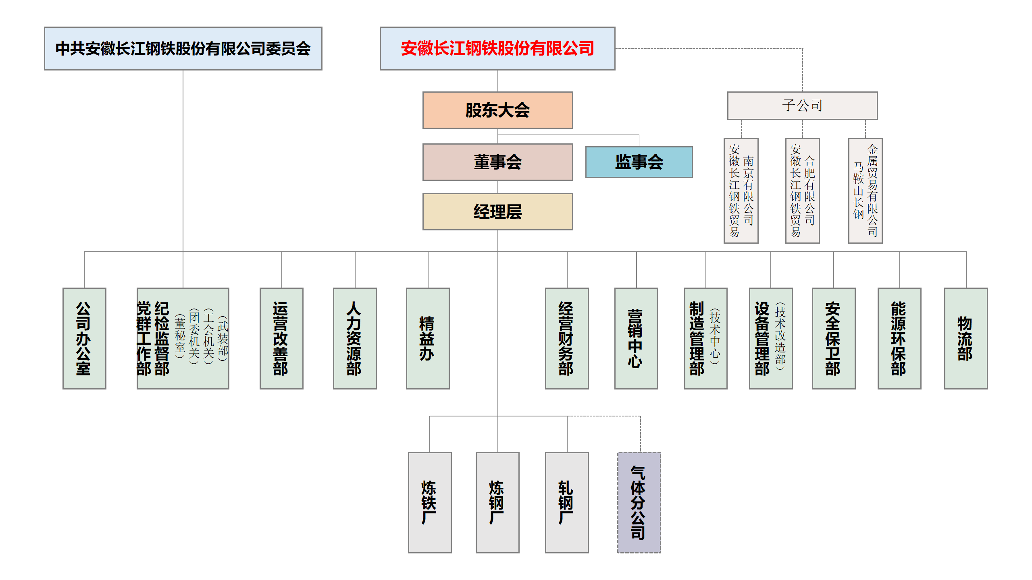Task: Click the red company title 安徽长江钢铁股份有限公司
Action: pos(497,48)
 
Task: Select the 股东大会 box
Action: pos(497,110)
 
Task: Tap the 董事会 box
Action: pos(497,162)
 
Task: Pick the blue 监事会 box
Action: pos(639,162)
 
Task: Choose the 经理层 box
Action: pos(497,211)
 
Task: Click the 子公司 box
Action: pos(802,106)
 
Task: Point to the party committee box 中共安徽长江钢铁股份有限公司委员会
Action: pos(183,48)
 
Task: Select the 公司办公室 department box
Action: pos(84,338)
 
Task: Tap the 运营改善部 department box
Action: pos(281,338)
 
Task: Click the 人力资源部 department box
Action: pos(354,338)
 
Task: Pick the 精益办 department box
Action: pos(427,338)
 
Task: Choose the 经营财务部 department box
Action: pos(566,338)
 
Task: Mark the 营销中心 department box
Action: pos(636,338)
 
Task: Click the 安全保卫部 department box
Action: pos(833,338)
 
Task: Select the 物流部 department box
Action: pos(965,338)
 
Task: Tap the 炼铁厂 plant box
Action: pos(429,502)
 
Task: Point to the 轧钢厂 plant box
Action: pos(566,502)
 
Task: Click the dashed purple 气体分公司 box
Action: pos(639,502)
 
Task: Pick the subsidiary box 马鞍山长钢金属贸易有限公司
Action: pos(865,191)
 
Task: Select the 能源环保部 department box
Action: pos(899,338)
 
